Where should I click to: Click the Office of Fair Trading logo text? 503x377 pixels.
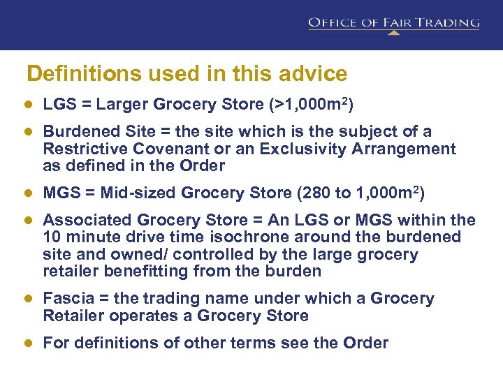[394, 22]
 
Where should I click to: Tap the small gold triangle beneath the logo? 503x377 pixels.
[394, 32]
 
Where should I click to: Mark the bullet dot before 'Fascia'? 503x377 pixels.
[29, 299]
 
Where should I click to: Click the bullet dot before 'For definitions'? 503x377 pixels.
[29, 343]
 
